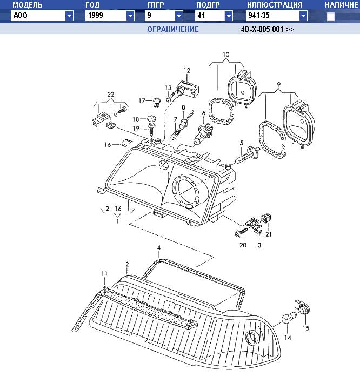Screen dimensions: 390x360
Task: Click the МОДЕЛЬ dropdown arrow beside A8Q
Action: coord(69,16)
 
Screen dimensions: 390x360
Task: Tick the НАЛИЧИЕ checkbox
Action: coord(331,17)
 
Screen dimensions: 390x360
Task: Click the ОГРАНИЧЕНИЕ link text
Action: coord(173,29)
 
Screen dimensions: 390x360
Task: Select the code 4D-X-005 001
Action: coord(268,29)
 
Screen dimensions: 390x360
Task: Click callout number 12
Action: coord(187,71)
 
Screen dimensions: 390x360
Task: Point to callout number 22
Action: coord(111,95)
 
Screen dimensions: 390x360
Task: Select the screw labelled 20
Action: coord(239,232)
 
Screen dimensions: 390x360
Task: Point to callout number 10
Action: coord(226,55)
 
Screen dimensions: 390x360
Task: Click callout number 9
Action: coord(278,84)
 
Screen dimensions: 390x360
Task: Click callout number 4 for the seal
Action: coord(159,250)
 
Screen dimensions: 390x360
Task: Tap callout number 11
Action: coord(104,274)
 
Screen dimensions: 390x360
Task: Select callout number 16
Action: coord(108,145)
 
